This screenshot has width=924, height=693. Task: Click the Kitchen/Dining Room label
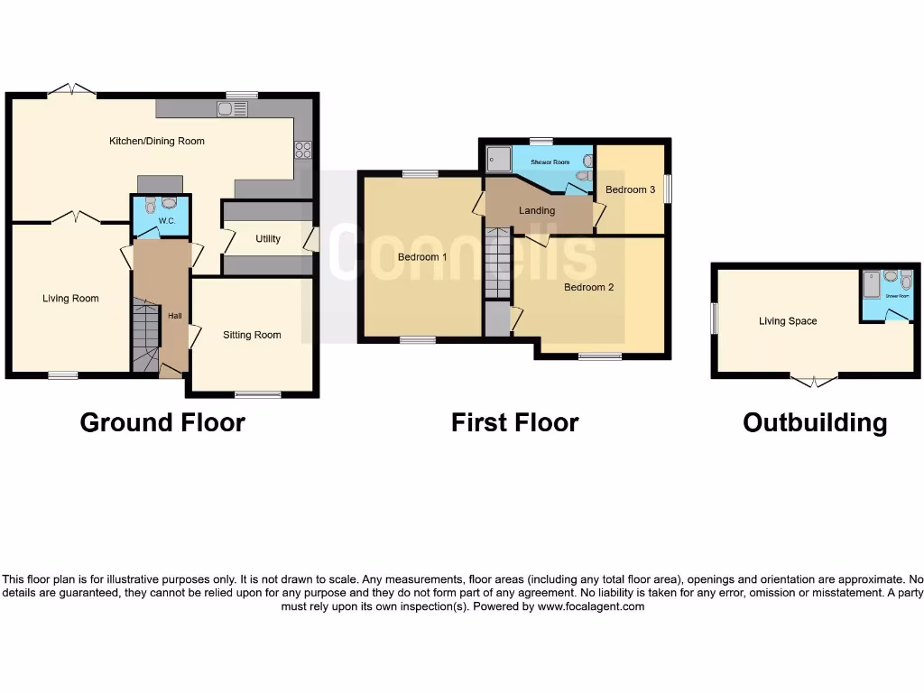(x=157, y=141)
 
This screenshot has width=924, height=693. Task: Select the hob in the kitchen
(x=302, y=151)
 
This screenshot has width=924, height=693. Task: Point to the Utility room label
(x=268, y=239)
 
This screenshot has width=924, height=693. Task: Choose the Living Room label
(x=70, y=299)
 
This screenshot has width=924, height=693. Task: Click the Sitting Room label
(x=252, y=335)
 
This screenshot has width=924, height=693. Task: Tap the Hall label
(x=174, y=316)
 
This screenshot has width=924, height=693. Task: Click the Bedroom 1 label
(x=422, y=257)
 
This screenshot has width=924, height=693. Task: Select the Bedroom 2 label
(x=588, y=288)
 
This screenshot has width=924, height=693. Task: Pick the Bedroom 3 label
(x=630, y=189)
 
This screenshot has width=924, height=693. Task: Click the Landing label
(x=536, y=210)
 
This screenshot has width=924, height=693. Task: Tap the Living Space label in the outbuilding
(x=787, y=321)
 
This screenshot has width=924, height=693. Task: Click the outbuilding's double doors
(x=814, y=381)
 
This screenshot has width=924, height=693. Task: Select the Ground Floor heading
(x=162, y=422)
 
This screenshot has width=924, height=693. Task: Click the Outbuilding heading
(x=814, y=422)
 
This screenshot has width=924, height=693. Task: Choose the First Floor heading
(x=514, y=422)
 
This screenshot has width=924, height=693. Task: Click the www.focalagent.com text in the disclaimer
(x=590, y=607)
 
